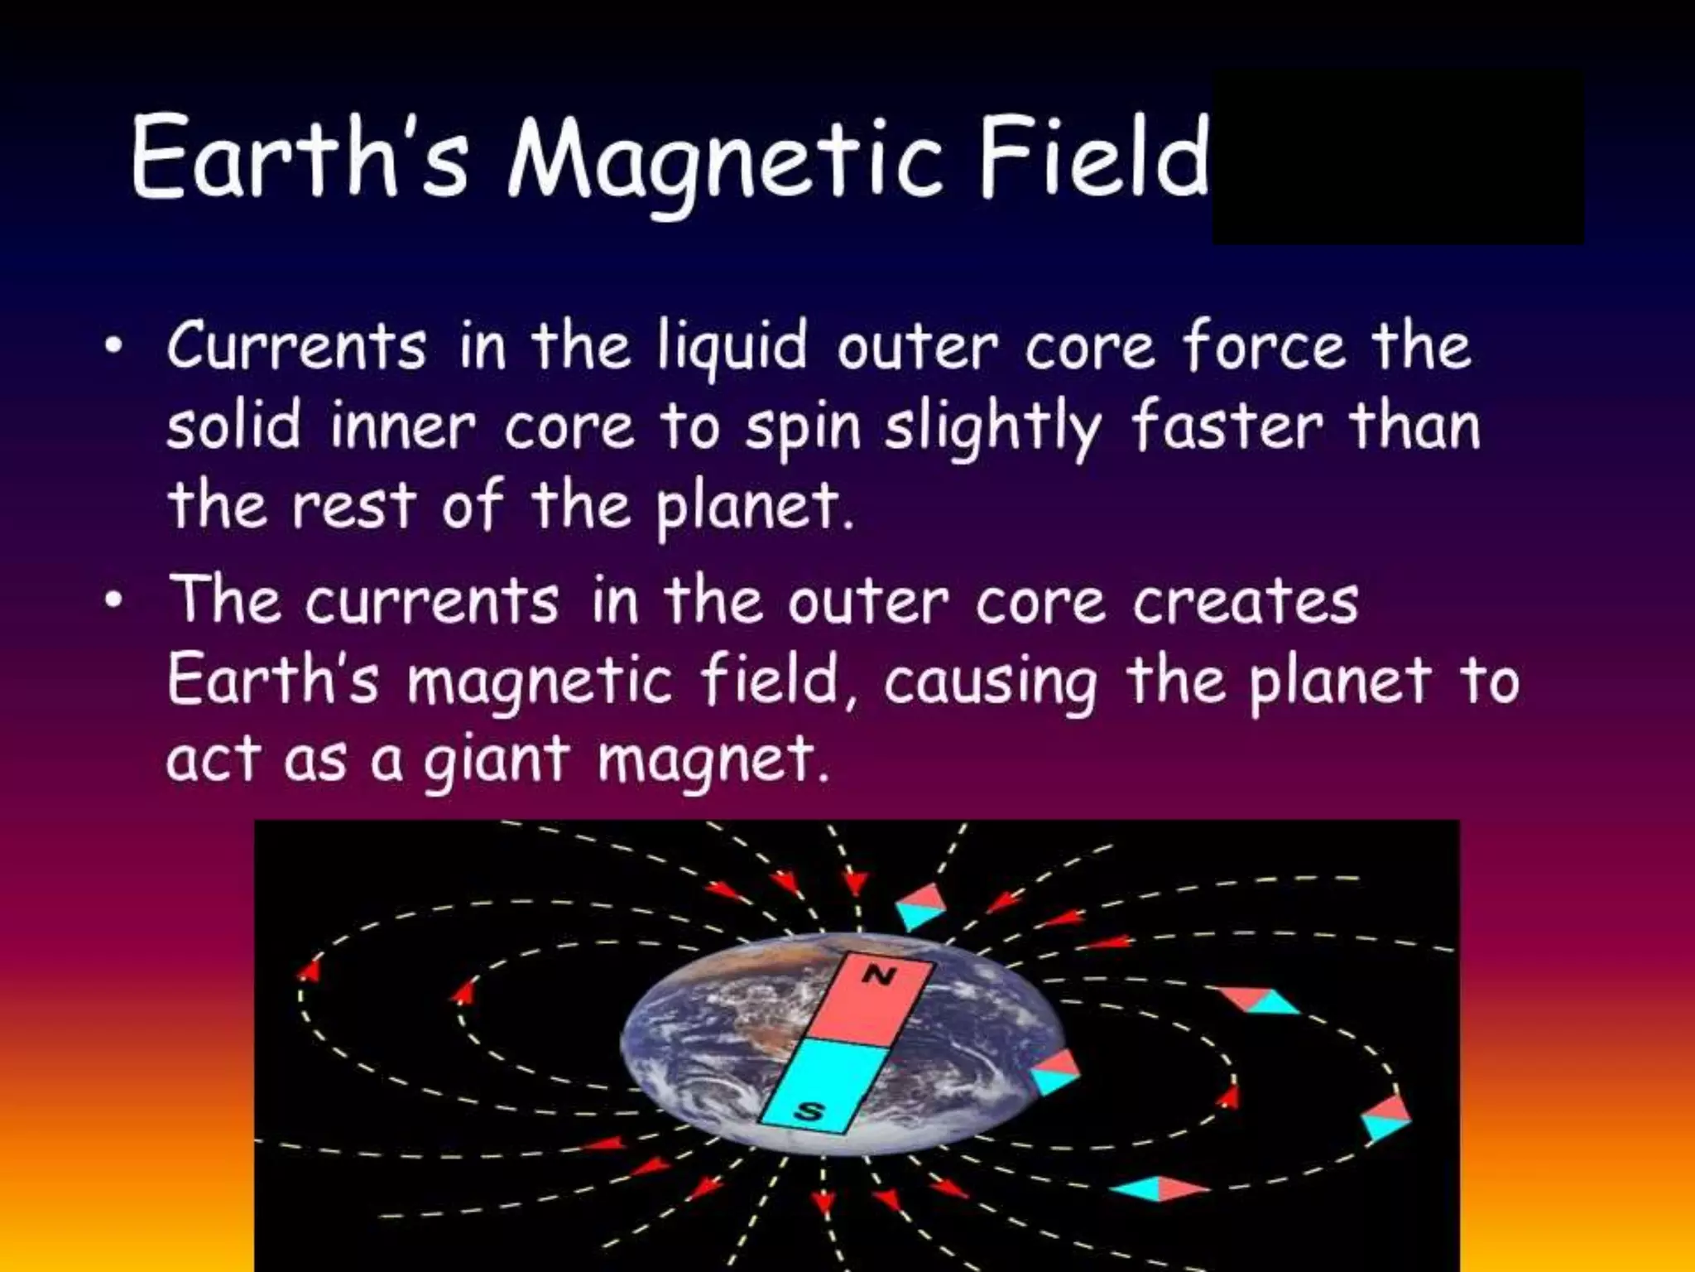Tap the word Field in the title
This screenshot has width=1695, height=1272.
1094,157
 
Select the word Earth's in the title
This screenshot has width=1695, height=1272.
300,157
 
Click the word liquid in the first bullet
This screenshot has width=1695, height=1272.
732,348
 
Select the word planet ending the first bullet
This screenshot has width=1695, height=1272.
754,507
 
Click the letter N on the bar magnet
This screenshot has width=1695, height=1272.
880,977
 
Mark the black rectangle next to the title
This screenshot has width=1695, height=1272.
1397,157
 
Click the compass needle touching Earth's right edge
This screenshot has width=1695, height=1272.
1055,1072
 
